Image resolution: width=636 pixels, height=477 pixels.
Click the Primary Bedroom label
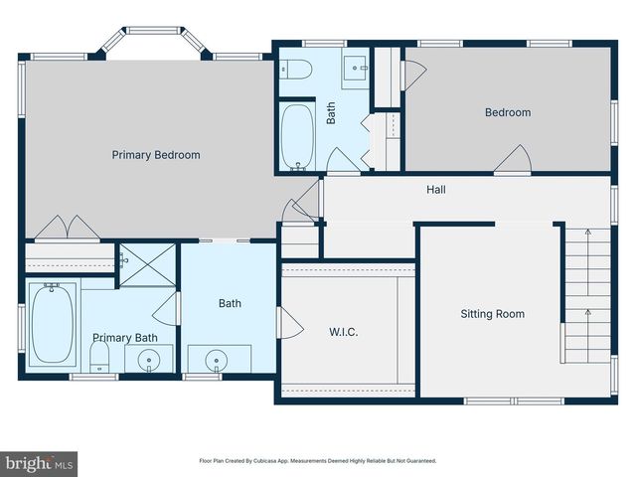[156, 155]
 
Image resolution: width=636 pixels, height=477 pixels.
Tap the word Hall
[435, 189]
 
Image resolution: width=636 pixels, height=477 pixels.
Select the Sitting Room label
[492, 314]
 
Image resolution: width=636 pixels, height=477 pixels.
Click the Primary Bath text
[125, 338]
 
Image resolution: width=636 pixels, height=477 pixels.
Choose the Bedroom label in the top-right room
[507, 112]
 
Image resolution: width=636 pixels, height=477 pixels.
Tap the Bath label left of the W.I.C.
[230, 304]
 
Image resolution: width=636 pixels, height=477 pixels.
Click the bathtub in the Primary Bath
[52, 324]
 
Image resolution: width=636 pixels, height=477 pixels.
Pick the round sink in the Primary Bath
[149, 359]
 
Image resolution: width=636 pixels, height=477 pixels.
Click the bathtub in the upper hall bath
[296, 136]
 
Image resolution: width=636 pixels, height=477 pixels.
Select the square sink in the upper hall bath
[356, 68]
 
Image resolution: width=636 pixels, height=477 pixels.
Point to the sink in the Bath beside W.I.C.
[214, 359]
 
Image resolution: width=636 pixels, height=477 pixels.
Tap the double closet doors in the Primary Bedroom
[67, 228]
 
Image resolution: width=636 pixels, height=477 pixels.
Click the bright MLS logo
[40, 463]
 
